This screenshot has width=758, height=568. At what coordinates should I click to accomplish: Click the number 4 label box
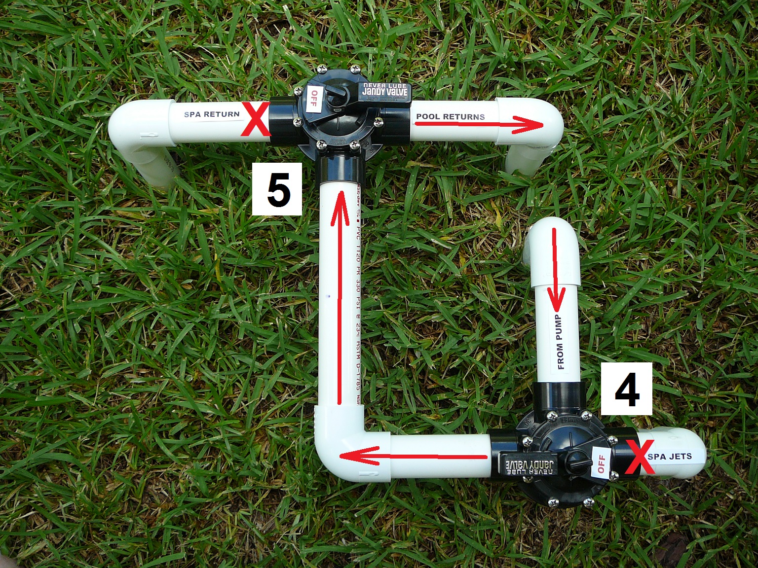[626, 389]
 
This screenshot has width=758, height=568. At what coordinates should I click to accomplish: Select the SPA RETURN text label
[212, 114]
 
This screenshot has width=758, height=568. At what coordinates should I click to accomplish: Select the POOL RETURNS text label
[450, 116]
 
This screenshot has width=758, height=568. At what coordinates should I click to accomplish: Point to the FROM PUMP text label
[560, 342]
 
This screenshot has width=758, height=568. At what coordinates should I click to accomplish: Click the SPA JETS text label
[670, 457]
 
